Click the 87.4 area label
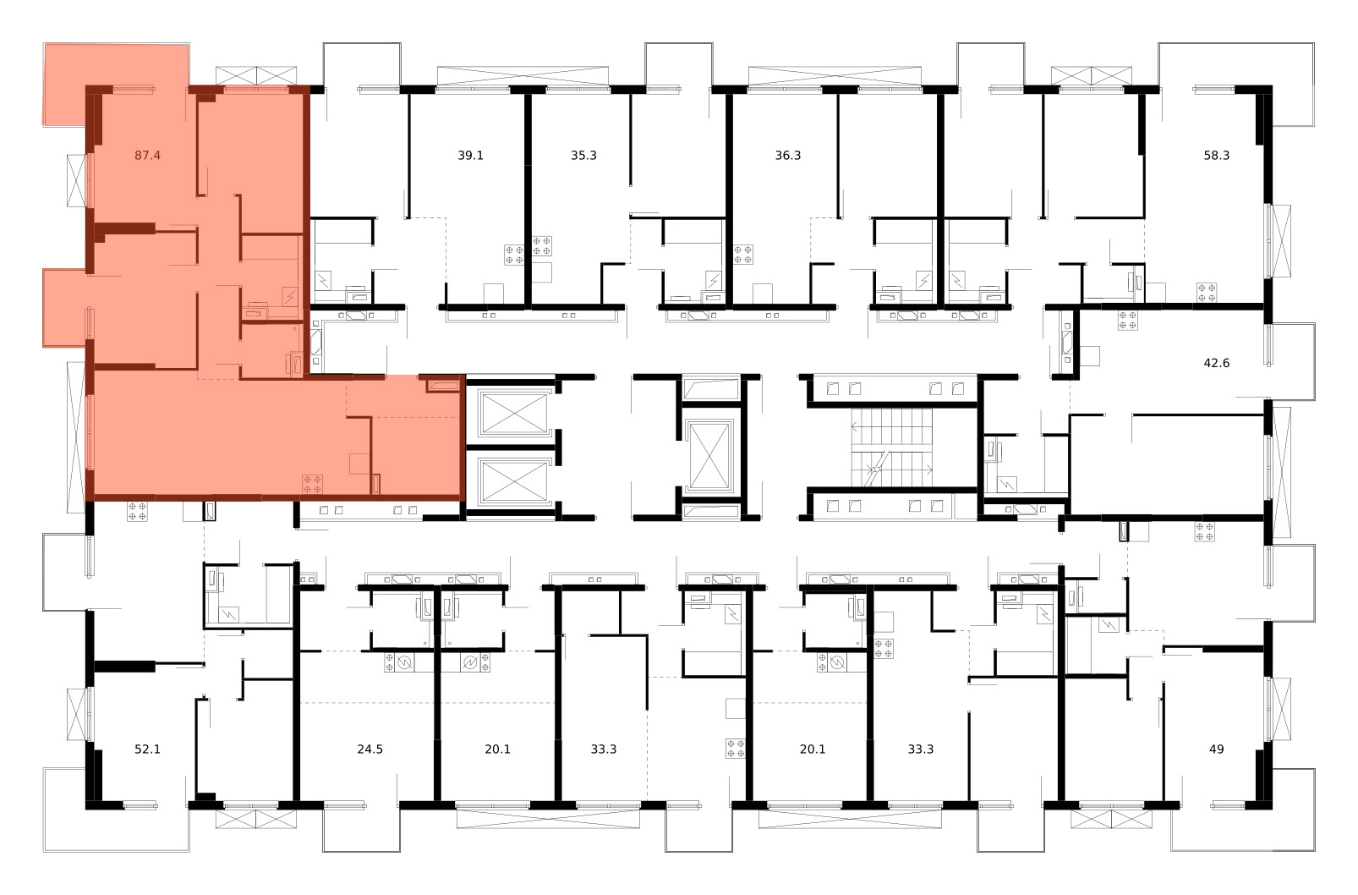click(147, 156)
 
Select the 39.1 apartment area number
click(470, 156)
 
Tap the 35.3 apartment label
click(583, 156)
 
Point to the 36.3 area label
click(788, 156)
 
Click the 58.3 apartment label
click(1217, 156)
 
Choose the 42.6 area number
click(1217, 363)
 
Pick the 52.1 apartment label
click(147, 749)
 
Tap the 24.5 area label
click(370, 749)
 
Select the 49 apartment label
click(1217, 749)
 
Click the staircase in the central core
click(892, 447)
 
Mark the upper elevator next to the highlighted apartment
click(514, 413)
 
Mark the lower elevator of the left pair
click(514, 480)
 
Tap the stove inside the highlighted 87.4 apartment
click(312, 485)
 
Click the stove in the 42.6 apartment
click(1128, 320)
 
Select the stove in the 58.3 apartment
click(1207, 293)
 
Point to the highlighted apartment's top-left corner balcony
click(115, 84)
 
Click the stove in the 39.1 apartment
click(514, 255)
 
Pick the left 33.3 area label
click(604, 749)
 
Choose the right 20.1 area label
click(813, 749)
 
